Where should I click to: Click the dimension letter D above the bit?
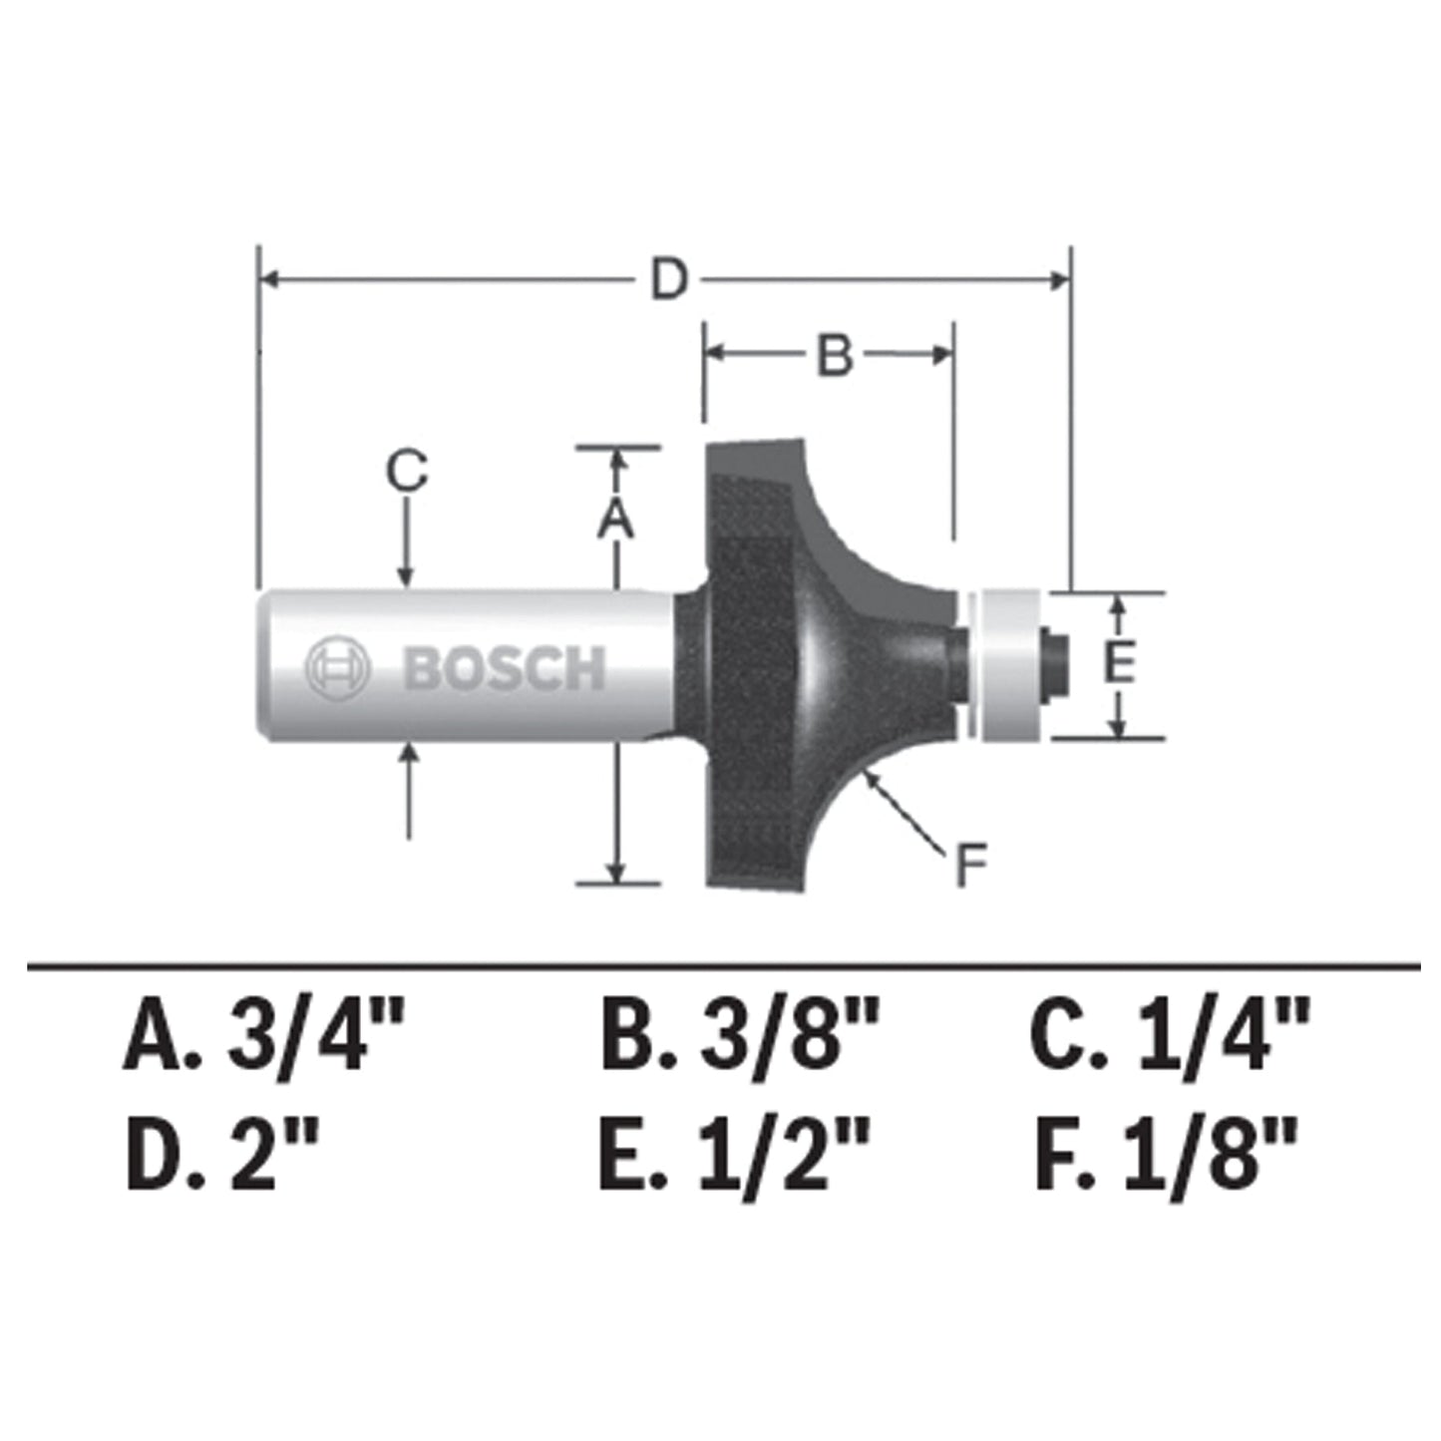(x=669, y=280)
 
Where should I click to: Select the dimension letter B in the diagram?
(x=835, y=355)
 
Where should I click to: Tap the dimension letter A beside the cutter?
(x=616, y=518)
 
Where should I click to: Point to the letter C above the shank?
(x=407, y=471)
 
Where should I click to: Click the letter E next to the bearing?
(x=1119, y=663)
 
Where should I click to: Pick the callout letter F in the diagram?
(x=969, y=865)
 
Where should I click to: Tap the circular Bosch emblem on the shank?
(x=337, y=667)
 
